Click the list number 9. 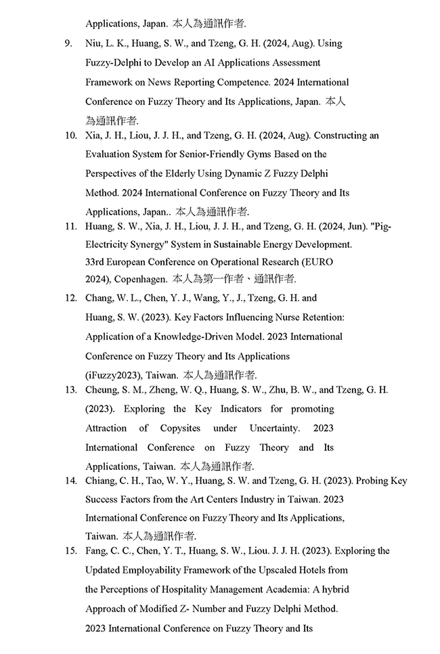(68, 43)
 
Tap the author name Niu (93, 43)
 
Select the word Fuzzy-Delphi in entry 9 (112, 62)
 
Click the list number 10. (70, 135)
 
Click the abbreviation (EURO (317, 261)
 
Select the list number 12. (70, 298)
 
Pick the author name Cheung (102, 390)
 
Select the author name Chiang (102, 481)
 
